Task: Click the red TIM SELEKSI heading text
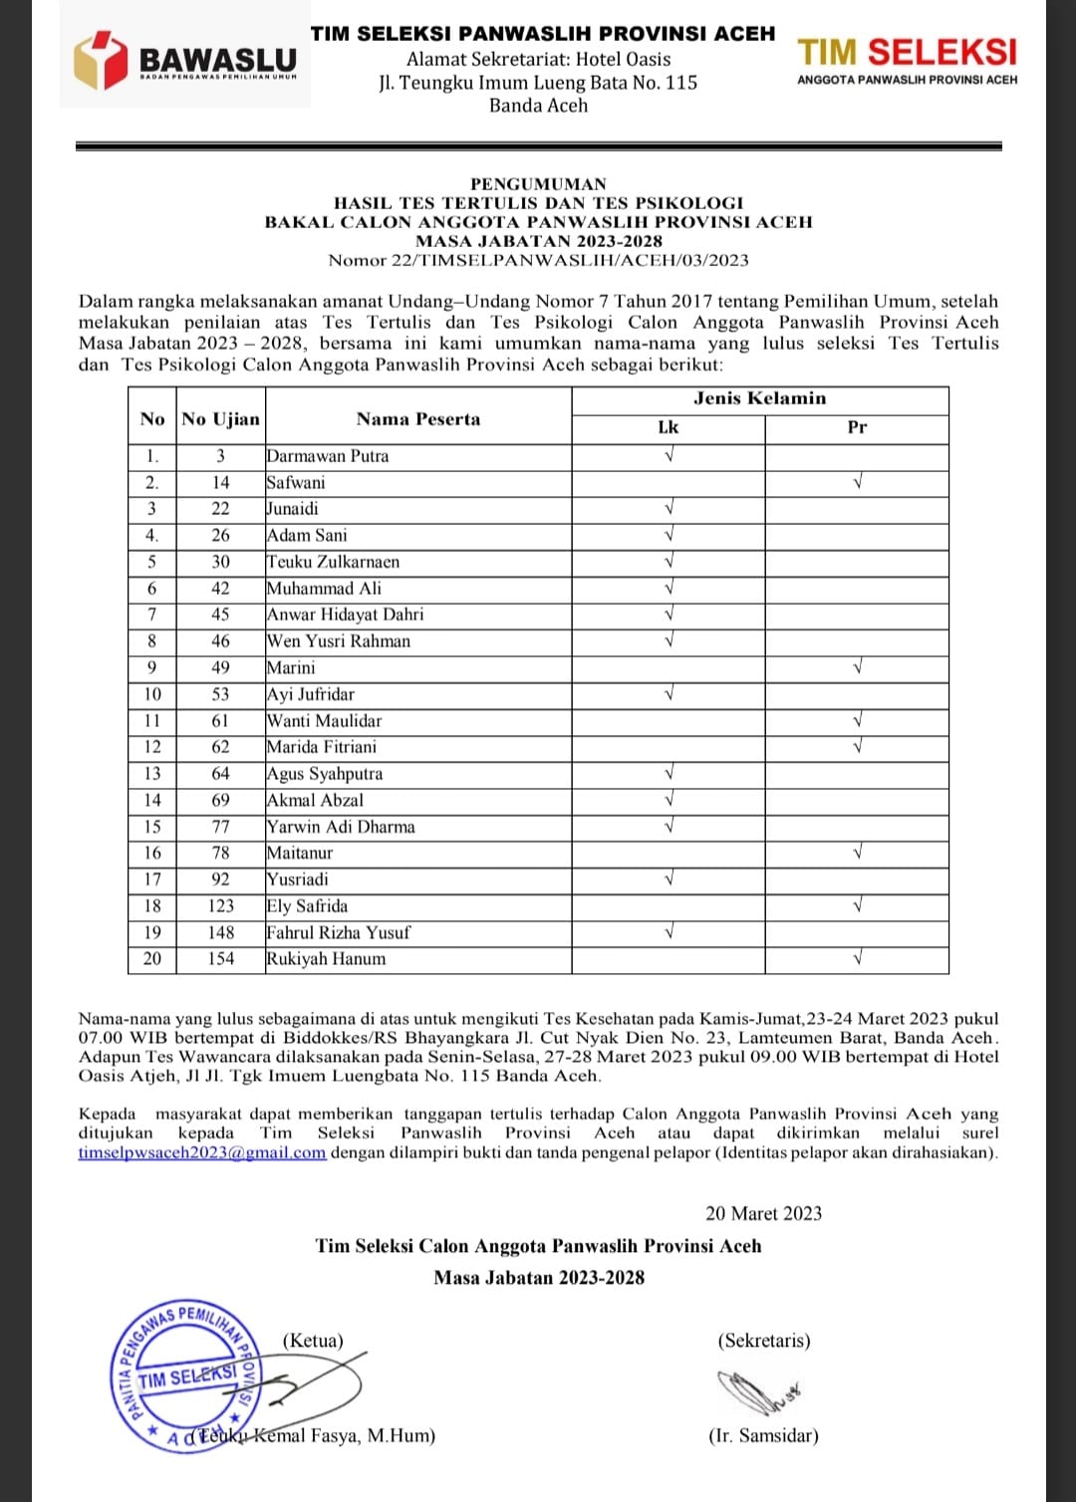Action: click(907, 52)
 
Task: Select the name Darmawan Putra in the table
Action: click(328, 456)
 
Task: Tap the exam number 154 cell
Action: click(220, 959)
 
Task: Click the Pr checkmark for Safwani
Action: click(857, 482)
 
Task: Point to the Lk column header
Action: click(668, 427)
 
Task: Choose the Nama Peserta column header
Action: click(418, 419)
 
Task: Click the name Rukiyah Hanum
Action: click(326, 959)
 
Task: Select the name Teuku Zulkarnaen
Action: click(333, 562)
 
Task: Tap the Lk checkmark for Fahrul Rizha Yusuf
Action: click(669, 932)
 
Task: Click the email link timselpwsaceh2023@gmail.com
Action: click(202, 1152)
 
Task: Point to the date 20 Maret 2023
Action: click(763, 1213)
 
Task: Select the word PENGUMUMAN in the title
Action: click(538, 183)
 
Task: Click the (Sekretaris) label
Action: click(763, 1341)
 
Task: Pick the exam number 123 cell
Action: click(220, 906)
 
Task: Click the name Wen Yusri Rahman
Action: click(339, 641)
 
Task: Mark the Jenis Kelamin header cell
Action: click(759, 398)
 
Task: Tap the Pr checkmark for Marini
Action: click(857, 667)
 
